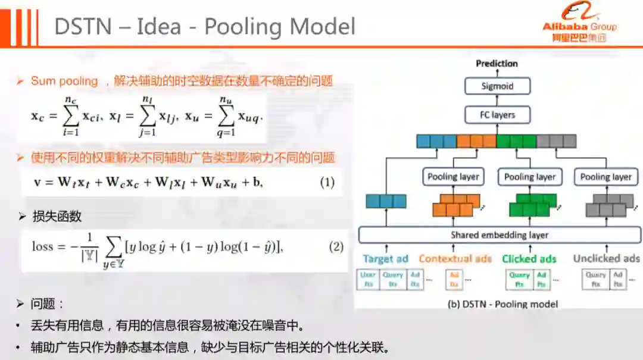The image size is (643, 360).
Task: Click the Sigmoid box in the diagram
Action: coord(497,86)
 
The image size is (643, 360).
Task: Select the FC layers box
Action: coord(497,115)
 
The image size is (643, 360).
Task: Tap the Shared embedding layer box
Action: coord(499,235)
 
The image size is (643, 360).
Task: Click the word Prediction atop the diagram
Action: coord(497,64)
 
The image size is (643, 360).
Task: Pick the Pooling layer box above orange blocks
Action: coord(453,177)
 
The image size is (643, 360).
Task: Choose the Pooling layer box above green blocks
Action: coord(529,177)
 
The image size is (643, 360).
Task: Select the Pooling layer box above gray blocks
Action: coord(605,177)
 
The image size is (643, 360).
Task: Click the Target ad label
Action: coord(385,259)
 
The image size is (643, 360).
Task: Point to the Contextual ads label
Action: coord(455,259)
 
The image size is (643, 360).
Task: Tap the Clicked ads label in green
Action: coord(529,259)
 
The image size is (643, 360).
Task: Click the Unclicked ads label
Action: coord(606,259)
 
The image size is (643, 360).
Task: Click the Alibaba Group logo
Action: coord(579,24)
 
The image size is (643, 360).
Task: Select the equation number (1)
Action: coord(327,182)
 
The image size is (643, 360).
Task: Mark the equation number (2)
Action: coord(336,246)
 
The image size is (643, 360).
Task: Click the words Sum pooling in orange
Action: coord(64,81)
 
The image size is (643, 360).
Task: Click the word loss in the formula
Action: coord(42,246)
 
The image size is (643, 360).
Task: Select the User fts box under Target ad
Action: coord(367,280)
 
